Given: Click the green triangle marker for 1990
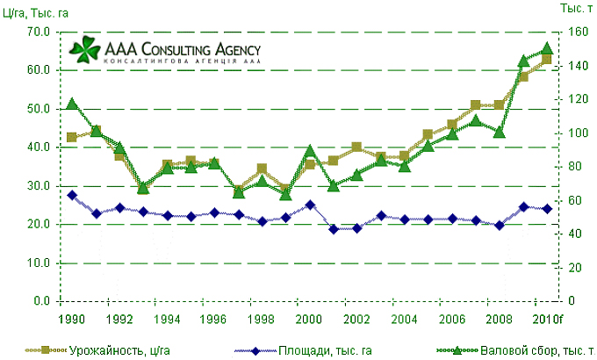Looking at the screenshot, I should (73, 104).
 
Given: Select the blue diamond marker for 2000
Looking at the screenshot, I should (310, 205).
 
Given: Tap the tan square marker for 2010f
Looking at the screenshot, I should (546, 60).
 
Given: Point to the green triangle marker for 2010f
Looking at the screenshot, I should (546, 48).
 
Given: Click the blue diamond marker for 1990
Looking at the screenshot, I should (73, 195).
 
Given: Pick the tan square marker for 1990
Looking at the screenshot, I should (73, 138).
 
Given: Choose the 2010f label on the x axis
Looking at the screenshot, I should (548, 318).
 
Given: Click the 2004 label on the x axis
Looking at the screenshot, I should (404, 318).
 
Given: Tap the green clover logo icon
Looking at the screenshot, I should (87, 48).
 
